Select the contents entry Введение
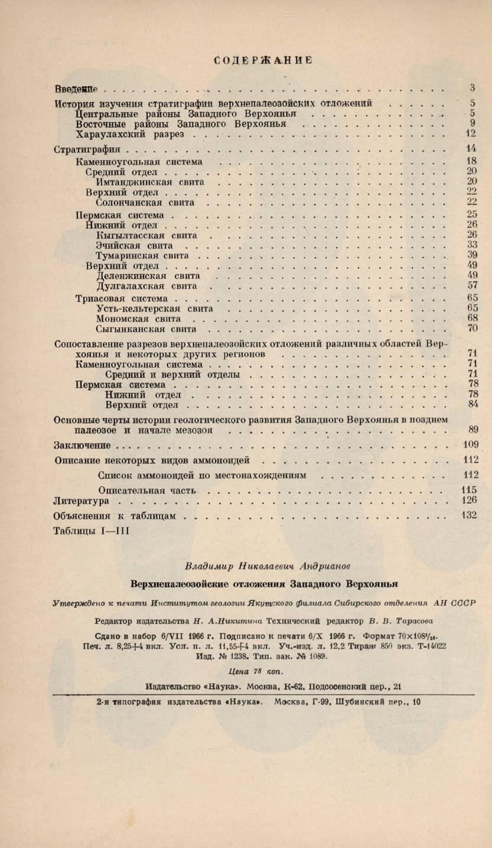point(75,89)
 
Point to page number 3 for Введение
point(473,88)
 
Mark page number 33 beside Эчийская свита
point(471,245)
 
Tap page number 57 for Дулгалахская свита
point(471,286)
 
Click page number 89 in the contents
point(472,430)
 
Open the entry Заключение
point(82,445)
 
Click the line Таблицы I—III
point(91,531)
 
